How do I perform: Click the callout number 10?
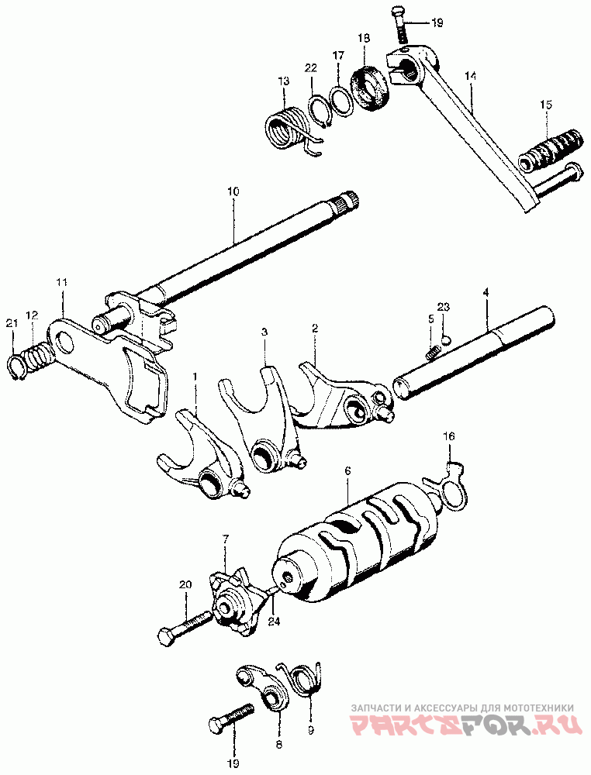point(233,191)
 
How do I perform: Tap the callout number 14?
point(469,75)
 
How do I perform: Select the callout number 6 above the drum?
point(347,470)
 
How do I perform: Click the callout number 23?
point(443,308)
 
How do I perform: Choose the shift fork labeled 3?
point(259,423)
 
